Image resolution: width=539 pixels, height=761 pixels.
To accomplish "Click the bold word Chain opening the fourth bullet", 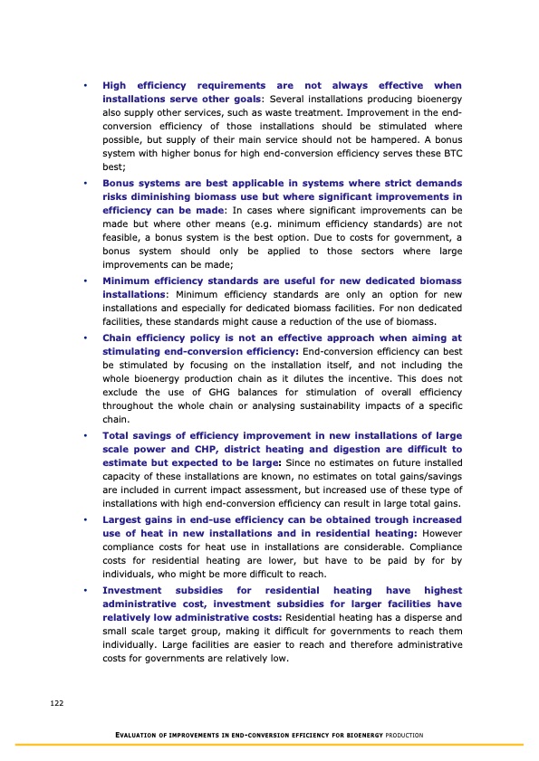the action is pos(119,337).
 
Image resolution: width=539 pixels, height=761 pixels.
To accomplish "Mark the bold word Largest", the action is pos(124,519).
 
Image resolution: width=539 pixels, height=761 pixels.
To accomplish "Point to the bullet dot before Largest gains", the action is pos(83,519).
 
